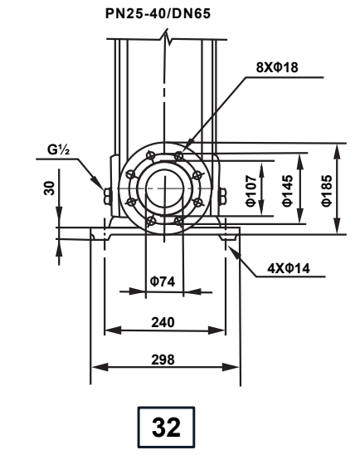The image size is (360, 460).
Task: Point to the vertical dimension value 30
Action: click(x=47, y=188)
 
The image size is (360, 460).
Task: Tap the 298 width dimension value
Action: click(x=164, y=358)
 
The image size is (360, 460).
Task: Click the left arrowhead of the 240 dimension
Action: click(x=107, y=330)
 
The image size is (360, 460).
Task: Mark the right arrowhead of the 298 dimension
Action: click(x=236, y=366)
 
